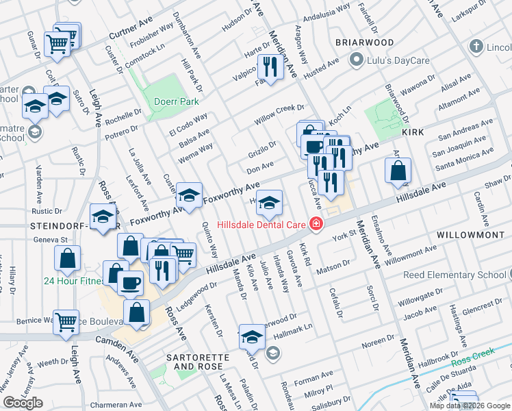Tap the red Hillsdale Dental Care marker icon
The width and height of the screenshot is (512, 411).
[x=316, y=223]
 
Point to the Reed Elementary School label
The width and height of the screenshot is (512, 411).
[x=463, y=275]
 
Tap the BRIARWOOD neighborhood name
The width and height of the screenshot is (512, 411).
[x=365, y=42]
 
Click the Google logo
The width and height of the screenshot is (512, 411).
[x=23, y=403]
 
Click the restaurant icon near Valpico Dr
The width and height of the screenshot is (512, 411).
[x=269, y=66]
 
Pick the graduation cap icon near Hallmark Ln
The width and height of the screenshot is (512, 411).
[x=252, y=336]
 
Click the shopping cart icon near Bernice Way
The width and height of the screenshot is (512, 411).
[x=66, y=321]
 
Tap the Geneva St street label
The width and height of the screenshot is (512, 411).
[x=56, y=240]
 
